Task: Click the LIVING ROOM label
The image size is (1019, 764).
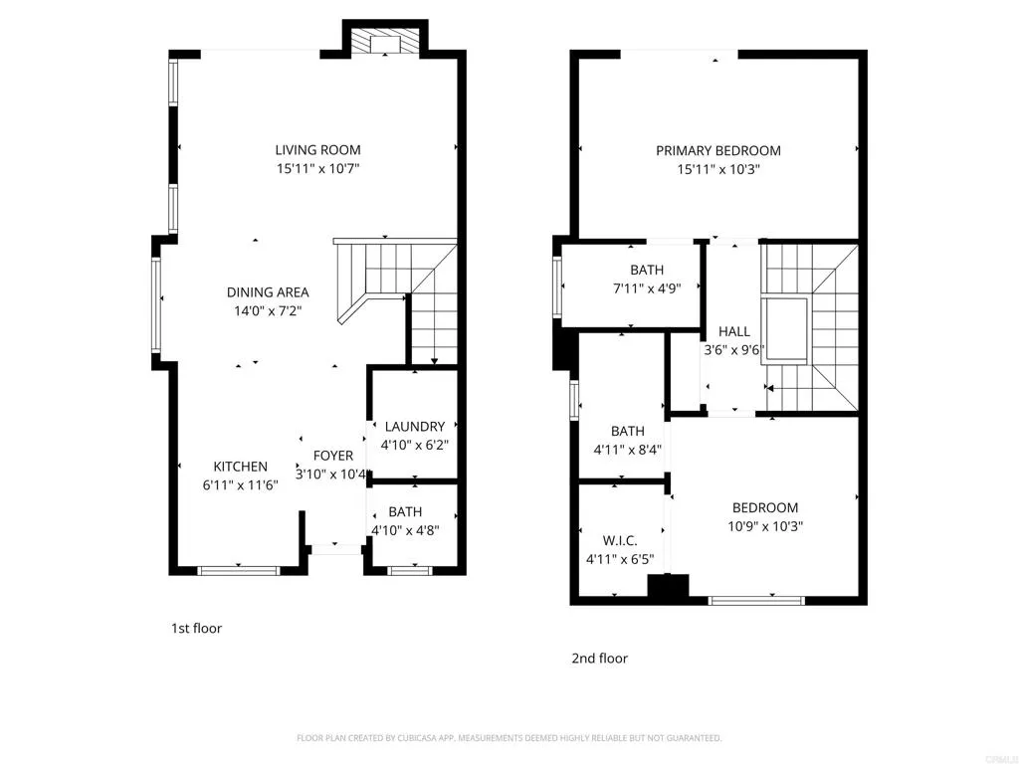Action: pyautogui.click(x=317, y=150)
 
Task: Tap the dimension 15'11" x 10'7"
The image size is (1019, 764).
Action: pyautogui.click(x=317, y=169)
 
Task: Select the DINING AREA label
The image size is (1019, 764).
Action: pyautogui.click(x=268, y=292)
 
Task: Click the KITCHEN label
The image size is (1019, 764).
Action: pyautogui.click(x=240, y=467)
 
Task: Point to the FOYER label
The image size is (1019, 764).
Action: pyautogui.click(x=333, y=456)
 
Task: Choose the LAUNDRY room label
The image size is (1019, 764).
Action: pyautogui.click(x=414, y=427)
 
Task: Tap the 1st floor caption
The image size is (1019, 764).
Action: pyautogui.click(x=196, y=628)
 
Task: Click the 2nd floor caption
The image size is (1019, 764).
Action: pyautogui.click(x=599, y=658)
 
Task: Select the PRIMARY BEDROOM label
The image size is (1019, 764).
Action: pyautogui.click(x=717, y=151)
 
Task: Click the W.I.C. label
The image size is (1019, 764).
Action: pyautogui.click(x=619, y=540)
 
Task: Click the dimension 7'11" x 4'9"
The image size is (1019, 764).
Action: pyautogui.click(x=646, y=288)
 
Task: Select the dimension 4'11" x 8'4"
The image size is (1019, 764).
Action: pyautogui.click(x=627, y=450)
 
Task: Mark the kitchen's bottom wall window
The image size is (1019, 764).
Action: pyautogui.click(x=238, y=570)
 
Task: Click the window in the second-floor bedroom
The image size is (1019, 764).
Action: pyautogui.click(x=756, y=600)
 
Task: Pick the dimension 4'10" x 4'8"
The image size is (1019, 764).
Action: pyautogui.click(x=405, y=530)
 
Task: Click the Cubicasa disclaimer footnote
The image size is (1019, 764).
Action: pyautogui.click(x=509, y=738)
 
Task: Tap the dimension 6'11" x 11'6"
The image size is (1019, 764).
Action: pyautogui.click(x=240, y=485)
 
